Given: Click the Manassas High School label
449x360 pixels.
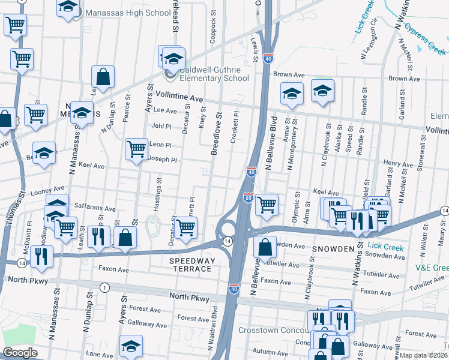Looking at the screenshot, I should [128, 13].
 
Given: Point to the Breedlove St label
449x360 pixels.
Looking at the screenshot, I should [215, 133].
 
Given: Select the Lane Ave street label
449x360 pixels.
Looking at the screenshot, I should [100, 354].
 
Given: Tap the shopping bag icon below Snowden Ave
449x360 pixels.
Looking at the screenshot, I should [265, 246].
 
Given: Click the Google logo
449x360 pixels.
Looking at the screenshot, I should [20, 353].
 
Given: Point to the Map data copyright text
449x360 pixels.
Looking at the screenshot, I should [424, 355].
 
